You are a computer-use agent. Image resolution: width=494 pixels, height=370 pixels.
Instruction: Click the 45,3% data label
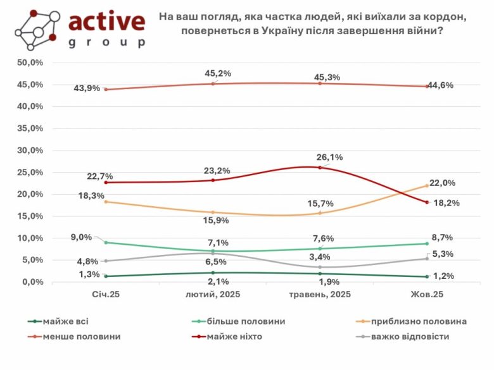(327, 77)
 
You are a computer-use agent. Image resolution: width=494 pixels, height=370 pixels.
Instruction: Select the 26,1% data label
(329, 157)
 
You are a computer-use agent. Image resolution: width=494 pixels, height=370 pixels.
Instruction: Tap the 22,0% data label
(442, 182)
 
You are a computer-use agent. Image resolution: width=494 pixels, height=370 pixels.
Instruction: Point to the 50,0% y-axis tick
(30, 63)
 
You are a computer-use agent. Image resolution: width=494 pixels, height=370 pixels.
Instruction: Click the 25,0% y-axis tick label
(30, 172)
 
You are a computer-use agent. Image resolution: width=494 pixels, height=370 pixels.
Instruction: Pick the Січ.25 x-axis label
(105, 294)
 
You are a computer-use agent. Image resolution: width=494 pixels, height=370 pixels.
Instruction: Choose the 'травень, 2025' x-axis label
(319, 294)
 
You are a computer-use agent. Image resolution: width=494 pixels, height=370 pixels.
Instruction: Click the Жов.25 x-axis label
(426, 294)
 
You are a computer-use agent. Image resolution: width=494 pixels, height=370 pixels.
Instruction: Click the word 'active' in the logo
(106, 21)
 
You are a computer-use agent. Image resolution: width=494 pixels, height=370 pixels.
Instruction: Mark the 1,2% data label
(442, 276)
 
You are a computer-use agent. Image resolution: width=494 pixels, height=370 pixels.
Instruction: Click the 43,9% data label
(87, 89)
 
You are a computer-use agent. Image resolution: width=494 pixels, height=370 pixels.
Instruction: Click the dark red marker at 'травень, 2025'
(320, 168)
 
